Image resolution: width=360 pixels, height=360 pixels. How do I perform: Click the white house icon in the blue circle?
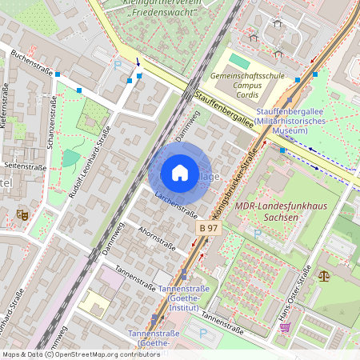click(x=180, y=173)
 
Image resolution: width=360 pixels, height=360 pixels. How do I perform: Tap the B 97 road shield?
click(x=208, y=228)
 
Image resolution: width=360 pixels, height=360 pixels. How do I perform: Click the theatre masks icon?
click(x=22, y=214)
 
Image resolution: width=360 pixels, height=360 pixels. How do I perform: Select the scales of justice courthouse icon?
click(x=323, y=275)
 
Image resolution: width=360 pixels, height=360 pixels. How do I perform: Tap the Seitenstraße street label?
click(x=25, y=166)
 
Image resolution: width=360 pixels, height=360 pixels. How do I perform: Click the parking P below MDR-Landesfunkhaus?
click(x=257, y=233)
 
